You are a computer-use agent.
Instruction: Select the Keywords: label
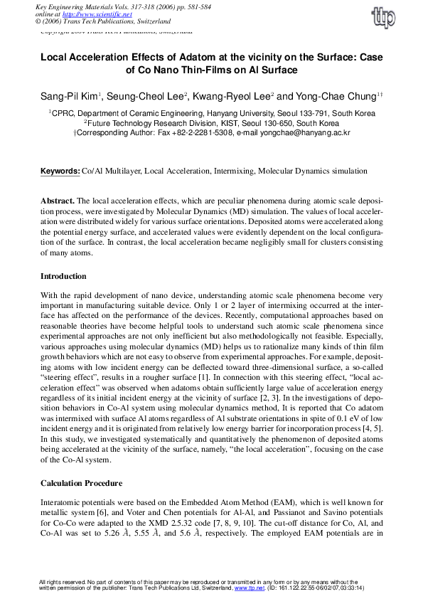tap(60, 172)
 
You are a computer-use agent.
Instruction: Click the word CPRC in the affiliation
tap(63, 113)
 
